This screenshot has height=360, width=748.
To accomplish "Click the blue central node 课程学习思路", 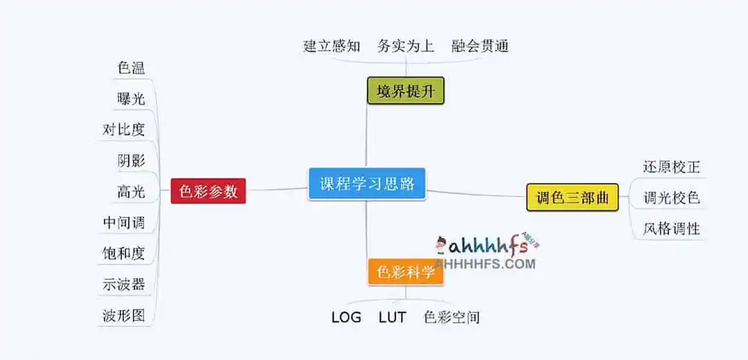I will (367, 184).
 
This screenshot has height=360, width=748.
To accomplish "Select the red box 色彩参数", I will (208, 192).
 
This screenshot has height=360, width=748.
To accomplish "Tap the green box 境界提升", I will (405, 91).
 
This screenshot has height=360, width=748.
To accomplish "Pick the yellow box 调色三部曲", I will (572, 198).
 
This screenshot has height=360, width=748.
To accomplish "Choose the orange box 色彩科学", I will (406, 272).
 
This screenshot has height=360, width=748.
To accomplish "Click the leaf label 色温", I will (131, 68).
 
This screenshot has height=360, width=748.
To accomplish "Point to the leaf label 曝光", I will (131, 99).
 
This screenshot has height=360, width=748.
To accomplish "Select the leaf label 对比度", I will (124, 129).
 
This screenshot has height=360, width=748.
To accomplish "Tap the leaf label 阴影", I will (131, 161).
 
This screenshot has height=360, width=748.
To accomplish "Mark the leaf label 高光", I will (131, 192).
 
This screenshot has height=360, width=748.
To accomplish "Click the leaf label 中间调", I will (124, 223).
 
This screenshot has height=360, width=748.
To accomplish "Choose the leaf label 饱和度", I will (124, 253).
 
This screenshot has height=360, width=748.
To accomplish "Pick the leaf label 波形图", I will (124, 316).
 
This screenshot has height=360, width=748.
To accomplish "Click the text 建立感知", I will (332, 46).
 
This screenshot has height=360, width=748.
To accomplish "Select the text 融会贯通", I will (480, 46).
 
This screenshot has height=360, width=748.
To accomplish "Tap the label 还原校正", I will (671, 168).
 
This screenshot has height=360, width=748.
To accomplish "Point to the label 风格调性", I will (671, 228).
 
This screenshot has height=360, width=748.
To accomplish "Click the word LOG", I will (346, 318).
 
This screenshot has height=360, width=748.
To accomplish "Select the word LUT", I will (392, 318).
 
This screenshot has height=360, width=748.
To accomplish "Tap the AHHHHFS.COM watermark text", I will (486, 264).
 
